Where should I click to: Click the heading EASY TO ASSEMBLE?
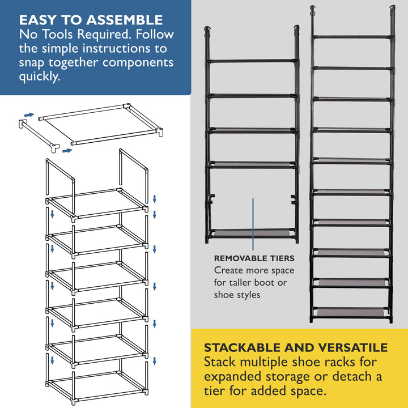point(91,20)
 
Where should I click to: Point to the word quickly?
point(39,77)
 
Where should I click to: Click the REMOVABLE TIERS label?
point(254,258)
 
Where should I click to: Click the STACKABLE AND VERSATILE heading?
point(296,347)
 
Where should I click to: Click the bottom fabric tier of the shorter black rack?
point(253,233)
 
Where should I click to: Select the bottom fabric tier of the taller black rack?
point(351,312)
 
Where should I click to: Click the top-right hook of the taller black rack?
point(391,11)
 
